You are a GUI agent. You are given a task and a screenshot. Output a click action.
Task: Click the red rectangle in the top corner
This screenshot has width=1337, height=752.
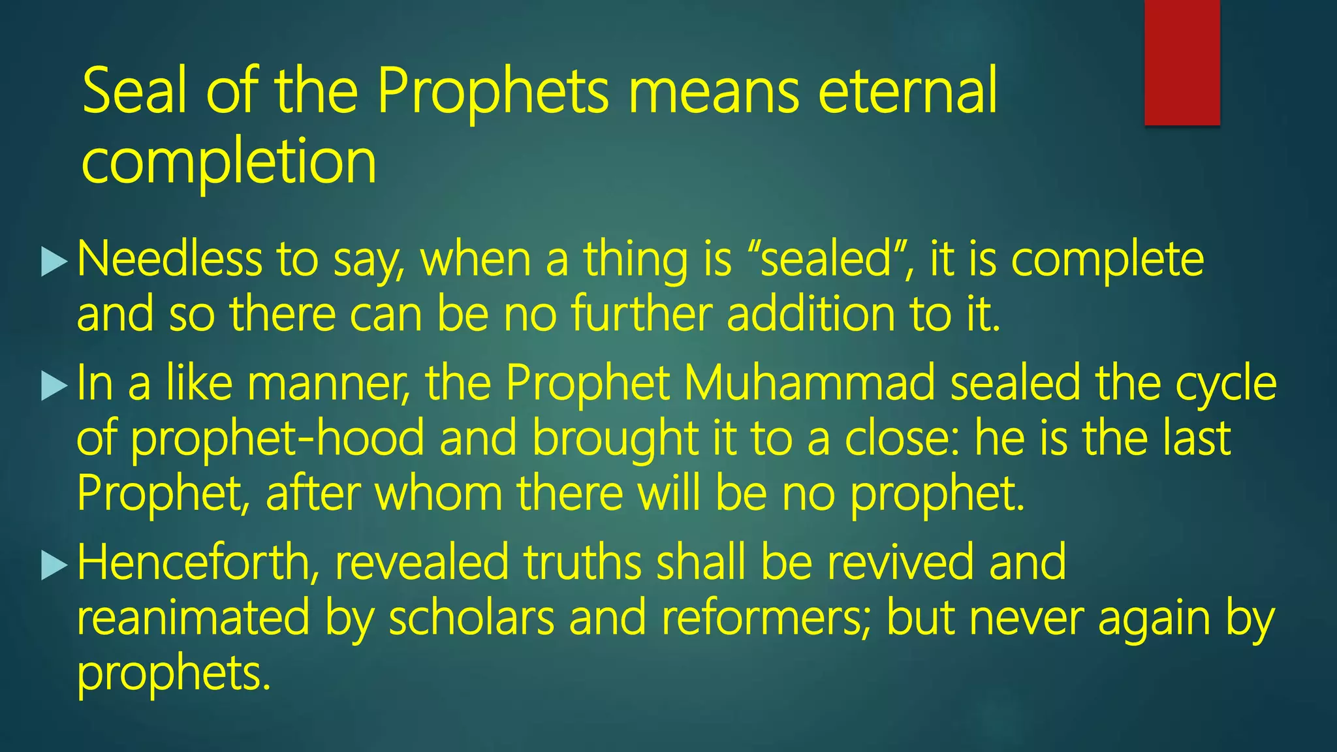(1182, 62)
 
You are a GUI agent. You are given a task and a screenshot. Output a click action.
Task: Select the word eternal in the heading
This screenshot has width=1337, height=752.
(907, 91)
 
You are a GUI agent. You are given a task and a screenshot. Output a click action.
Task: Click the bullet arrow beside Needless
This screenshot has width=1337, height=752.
(54, 262)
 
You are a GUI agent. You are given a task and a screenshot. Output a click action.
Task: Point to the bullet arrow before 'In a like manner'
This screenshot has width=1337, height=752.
(54, 386)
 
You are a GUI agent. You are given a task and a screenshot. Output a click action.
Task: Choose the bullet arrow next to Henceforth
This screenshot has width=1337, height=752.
(54, 565)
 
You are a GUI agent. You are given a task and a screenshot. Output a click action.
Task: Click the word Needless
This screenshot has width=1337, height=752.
(169, 259)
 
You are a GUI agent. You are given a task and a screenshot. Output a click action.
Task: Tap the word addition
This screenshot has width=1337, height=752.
(810, 314)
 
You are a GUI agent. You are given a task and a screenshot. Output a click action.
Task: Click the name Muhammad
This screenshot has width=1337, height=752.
(810, 383)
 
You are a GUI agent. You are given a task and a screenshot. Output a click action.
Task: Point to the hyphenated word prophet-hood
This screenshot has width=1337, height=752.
(277, 439)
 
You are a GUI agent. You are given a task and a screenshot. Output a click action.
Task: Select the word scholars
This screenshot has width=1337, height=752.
(471, 618)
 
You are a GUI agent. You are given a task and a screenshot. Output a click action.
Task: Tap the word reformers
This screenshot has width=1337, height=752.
(766, 618)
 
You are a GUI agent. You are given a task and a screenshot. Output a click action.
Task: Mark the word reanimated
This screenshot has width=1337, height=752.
(193, 618)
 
